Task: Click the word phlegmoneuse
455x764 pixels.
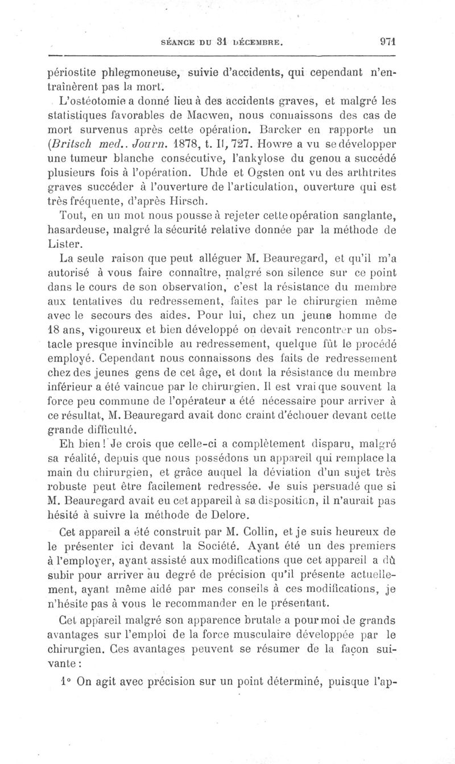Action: [x=131, y=73]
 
